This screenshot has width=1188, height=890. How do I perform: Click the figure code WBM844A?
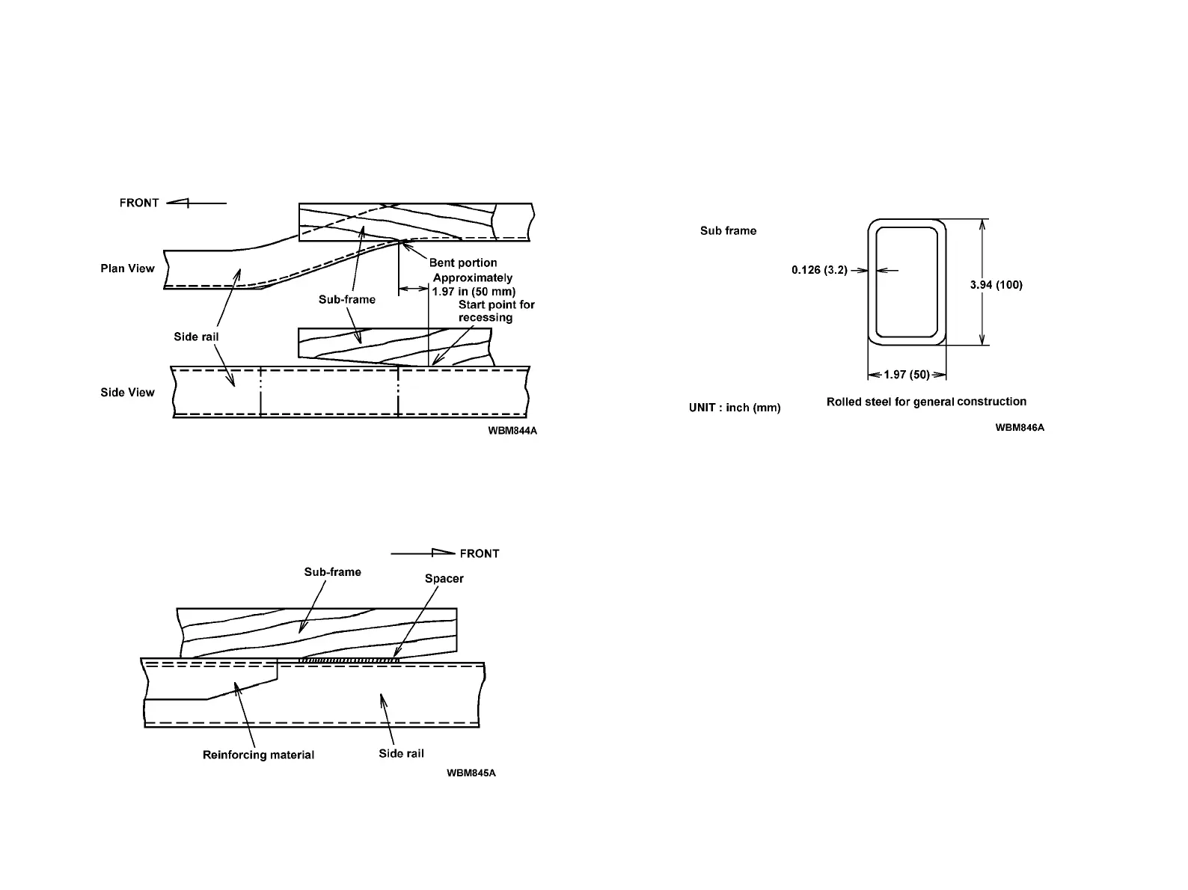(512, 431)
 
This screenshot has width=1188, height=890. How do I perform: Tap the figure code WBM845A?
(471, 773)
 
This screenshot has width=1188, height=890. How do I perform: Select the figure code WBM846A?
(1020, 428)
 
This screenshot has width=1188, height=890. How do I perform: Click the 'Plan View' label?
(127, 268)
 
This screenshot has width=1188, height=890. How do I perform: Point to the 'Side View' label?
(127, 393)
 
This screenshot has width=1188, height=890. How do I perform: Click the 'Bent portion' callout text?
(462, 263)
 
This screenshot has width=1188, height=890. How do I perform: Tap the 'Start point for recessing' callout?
(496, 311)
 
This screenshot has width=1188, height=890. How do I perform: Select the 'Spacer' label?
(444, 579)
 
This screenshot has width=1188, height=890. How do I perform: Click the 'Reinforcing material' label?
(258, 755)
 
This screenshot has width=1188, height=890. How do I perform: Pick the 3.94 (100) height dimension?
(996, 285)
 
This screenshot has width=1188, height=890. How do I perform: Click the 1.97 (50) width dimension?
(907, 375)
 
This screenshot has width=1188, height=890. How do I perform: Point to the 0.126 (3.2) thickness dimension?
(819, 270)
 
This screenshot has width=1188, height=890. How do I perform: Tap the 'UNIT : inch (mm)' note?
(734, 408)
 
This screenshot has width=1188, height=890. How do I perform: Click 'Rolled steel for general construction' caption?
(926, 402)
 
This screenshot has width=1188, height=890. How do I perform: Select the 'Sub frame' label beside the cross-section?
(728, 231)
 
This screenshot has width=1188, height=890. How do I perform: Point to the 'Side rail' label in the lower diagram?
(401, 753)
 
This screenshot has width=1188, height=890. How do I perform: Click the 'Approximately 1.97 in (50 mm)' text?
(474, 284)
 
